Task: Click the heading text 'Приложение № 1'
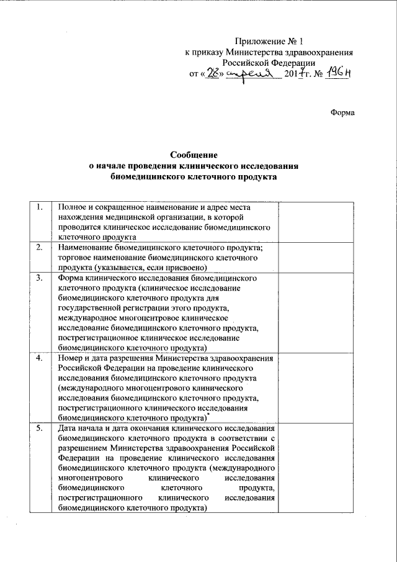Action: tap(270, 42)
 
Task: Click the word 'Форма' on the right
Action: tap(342, 113)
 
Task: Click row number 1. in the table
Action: tap(40, 207)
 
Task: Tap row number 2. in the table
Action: tap(40, 248)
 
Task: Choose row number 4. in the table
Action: tap(40, 359)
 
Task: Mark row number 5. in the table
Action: tap(40, 429)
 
